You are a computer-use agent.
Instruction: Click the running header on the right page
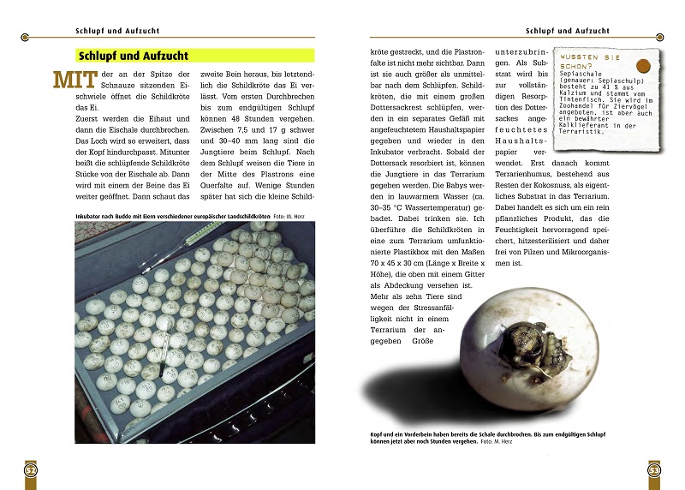(567, 31)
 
